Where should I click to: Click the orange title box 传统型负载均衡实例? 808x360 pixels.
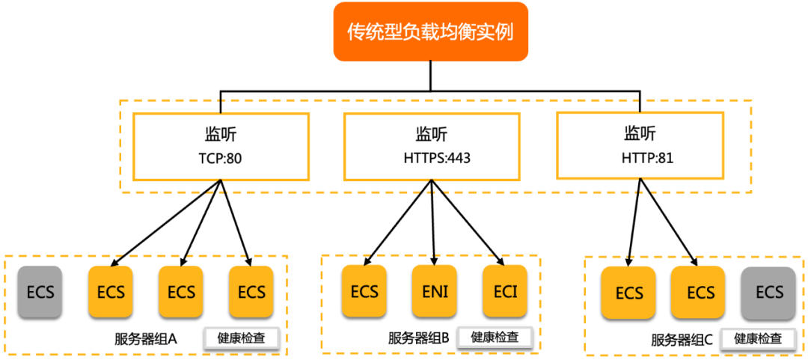[430, 31]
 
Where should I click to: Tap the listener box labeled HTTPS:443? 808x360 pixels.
[431, 147]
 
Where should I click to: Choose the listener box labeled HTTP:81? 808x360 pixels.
[640, 146]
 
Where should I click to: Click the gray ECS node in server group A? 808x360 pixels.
[40, 291]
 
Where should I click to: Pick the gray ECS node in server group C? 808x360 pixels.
[768, 293]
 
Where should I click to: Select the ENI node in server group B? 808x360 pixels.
[435, 291]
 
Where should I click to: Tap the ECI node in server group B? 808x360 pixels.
[505, 291]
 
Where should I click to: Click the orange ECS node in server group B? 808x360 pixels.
[364, 291]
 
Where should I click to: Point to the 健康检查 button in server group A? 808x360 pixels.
[242, 338]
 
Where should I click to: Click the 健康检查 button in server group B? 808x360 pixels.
[495, 337]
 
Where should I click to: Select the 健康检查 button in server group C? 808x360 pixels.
[758, 338]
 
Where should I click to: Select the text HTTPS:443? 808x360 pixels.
[431, 159]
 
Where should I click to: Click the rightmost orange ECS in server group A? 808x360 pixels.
[251, 291]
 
